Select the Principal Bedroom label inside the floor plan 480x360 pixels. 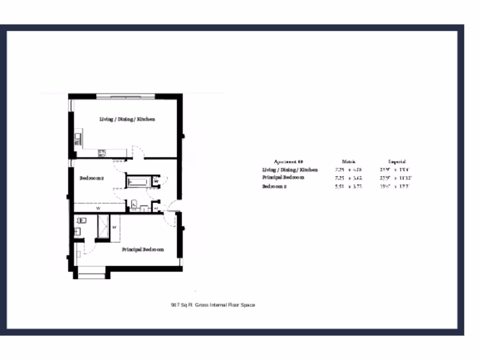tap(143, 250)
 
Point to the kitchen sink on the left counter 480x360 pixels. tap(77, 139)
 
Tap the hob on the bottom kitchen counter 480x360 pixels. tap(102, 153)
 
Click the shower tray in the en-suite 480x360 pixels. tap(103, 227)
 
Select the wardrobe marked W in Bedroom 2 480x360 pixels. tap(98, 208)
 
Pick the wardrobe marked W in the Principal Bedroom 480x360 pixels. tap(115, 227)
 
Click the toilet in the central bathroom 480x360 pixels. tap(134, 204)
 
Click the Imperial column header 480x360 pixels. tap(397, 161)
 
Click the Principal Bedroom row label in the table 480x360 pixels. tap(283, 178)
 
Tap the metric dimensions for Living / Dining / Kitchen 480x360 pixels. tap(349, 170)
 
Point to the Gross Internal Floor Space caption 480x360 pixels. tap(213, 305)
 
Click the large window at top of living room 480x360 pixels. tap(126, 97)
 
